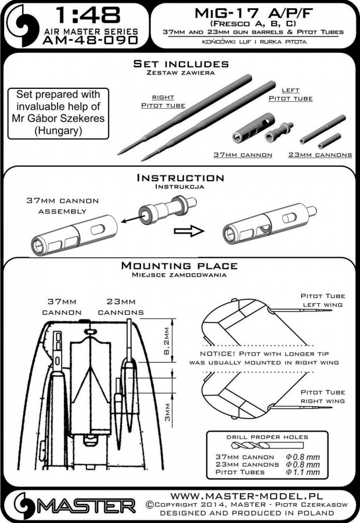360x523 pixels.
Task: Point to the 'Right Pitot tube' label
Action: tap(163, 102)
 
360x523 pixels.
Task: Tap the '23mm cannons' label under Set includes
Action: tap(320, 155)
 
